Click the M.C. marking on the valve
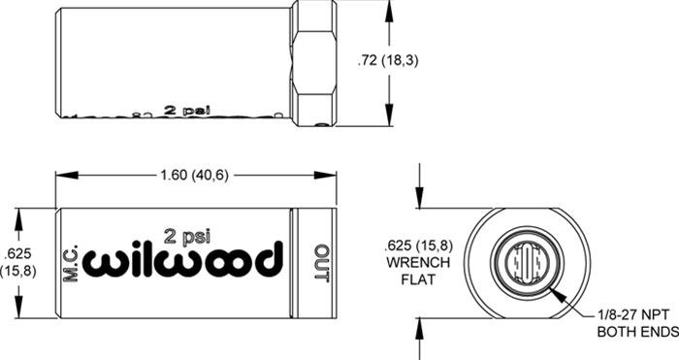coord(70,262)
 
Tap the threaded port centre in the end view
coord(527,262)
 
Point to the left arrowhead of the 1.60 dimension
coord(61,177)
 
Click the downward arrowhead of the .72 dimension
coord(390,120)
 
